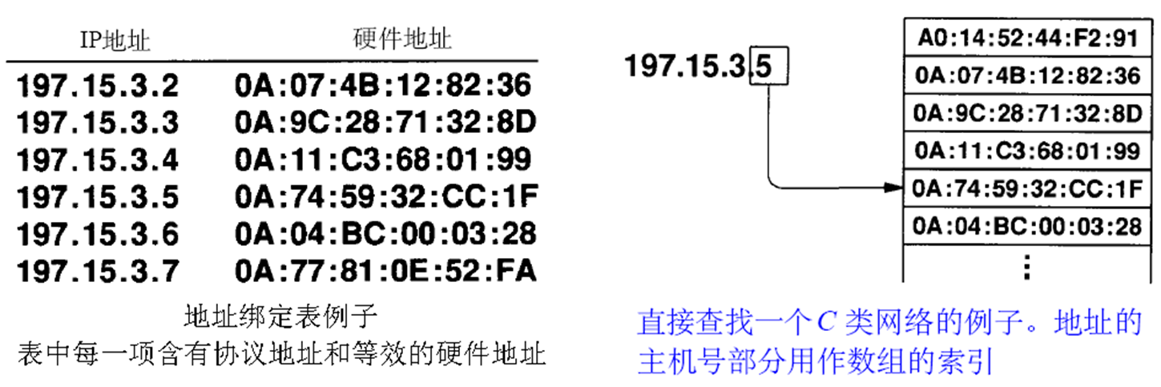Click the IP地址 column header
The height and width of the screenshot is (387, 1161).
115,40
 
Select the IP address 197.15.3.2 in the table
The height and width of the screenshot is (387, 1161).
98,84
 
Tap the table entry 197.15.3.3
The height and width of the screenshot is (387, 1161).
98,122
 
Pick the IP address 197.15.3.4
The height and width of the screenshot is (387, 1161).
98,159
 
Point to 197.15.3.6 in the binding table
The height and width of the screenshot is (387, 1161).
98,234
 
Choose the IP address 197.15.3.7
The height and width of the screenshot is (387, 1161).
98,271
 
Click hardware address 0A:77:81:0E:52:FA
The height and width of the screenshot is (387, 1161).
385,271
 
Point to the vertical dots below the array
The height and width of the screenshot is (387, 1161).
1026,265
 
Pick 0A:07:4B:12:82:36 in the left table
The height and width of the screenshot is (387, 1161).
385,84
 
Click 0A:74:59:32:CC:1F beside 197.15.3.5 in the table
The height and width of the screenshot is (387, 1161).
385,196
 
